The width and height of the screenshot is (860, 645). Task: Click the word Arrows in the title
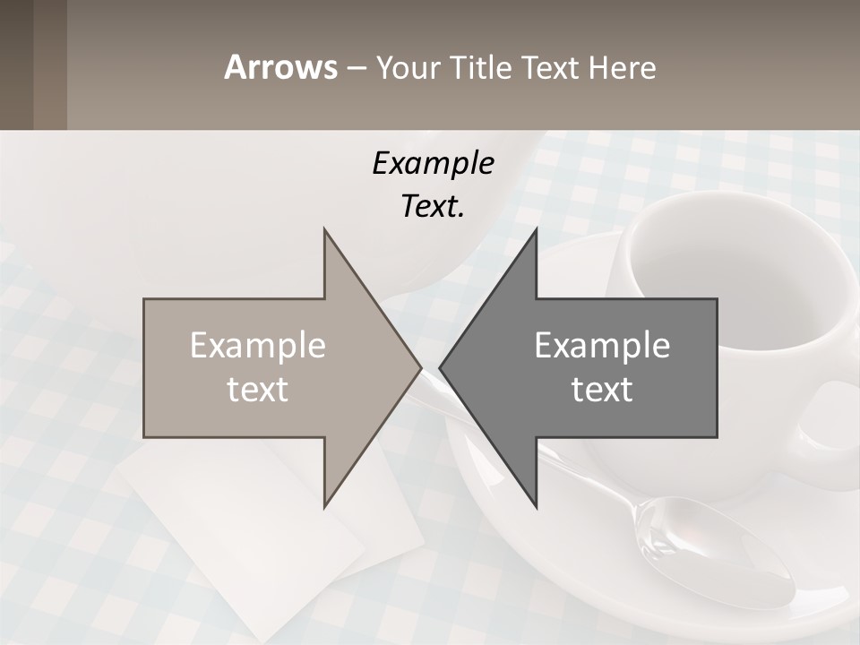(x=280, y=67)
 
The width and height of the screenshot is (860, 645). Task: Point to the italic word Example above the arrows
(x=433, y=163)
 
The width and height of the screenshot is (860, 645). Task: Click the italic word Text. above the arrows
(x=433, y=206)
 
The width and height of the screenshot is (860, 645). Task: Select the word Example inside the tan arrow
(x=258, y=346)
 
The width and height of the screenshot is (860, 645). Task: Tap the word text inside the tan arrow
(x=258, y=390)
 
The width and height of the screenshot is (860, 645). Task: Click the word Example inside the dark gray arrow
(x=602, y=346)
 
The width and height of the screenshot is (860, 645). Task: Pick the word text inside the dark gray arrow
(x=602, y=390)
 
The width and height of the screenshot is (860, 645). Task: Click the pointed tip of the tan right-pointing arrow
(x=420, y=367)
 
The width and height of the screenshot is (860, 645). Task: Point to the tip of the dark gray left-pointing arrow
(x=441, y=367)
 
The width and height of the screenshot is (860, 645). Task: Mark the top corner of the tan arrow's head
(x=324, y=230)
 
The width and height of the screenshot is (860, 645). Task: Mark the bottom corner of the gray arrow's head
(x=536, y=507)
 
